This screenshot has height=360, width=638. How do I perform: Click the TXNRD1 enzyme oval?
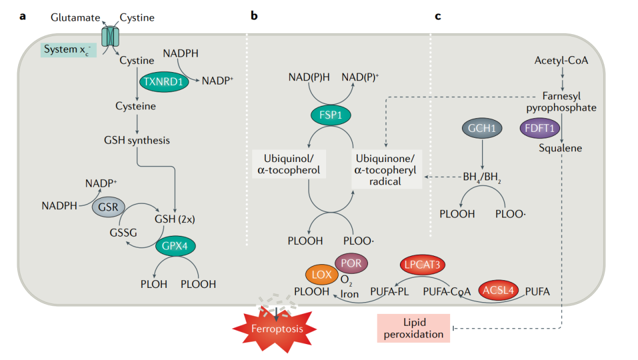pos(164,82)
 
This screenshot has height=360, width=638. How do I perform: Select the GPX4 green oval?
pos(175,246)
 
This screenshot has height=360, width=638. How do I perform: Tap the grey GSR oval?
pos(108,207)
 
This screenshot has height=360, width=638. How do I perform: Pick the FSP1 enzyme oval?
pos(331,115)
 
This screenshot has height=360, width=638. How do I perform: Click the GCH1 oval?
pos(482,128)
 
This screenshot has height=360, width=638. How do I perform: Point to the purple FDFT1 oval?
pos(540,128)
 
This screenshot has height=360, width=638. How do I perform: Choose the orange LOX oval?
pos(322,274)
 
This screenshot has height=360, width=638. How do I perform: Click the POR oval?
pos(351,263)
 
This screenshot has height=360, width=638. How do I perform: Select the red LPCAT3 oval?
pos(422,265)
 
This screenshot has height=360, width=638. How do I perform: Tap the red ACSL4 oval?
pos(499,290)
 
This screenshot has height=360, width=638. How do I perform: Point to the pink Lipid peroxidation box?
pos(414,328)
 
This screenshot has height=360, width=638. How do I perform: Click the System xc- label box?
pos(69,50)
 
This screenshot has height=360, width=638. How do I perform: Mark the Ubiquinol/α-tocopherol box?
pos(289,164)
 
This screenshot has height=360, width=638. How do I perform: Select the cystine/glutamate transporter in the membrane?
pos(110,37)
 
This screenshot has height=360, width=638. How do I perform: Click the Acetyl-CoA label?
pos(561,61)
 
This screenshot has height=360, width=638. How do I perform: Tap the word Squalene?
pos(560,148)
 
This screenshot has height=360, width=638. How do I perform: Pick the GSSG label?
pos(123,233)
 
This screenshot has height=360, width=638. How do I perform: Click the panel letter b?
pos(254,16)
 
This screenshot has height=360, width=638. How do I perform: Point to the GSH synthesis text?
pos(136,141)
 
